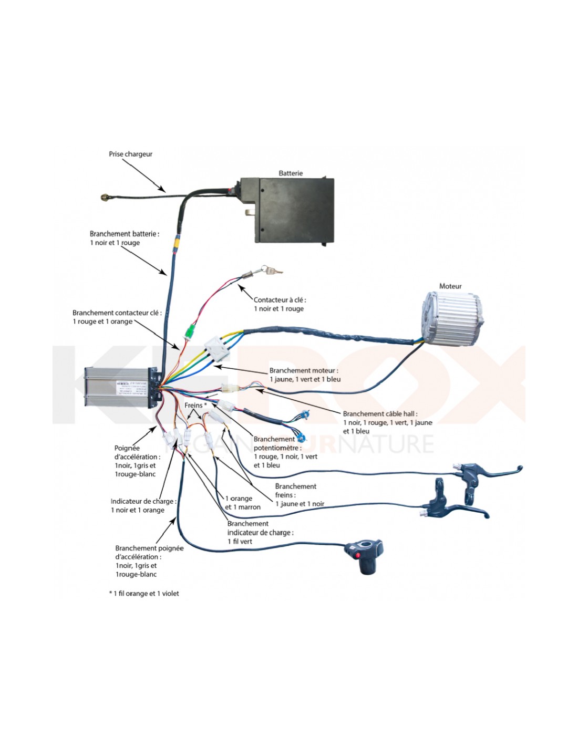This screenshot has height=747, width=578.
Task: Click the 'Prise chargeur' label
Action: tap(130, 154)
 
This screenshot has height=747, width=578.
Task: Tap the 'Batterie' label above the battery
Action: tap(291, 173)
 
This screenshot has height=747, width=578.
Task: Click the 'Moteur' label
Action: tap(450, 286)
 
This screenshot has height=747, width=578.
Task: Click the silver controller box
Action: tap(118, 388)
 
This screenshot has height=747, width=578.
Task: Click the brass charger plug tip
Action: tap(105, 198)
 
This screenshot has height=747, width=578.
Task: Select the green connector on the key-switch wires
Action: tap(189, 331)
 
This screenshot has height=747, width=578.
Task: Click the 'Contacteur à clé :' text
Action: tap(280, 300)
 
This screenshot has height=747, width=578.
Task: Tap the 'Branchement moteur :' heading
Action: tap(304, 370)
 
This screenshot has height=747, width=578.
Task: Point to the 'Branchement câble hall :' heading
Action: tap(380, 413)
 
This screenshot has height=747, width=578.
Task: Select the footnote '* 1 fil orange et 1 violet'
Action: tap(145, 594)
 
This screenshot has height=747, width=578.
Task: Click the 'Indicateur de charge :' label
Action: tap(143, 501)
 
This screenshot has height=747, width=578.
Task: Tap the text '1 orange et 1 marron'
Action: tap(242, 503)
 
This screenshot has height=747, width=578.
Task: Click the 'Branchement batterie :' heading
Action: tap(124, 234)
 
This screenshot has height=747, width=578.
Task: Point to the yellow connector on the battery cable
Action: tap(178, 244)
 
